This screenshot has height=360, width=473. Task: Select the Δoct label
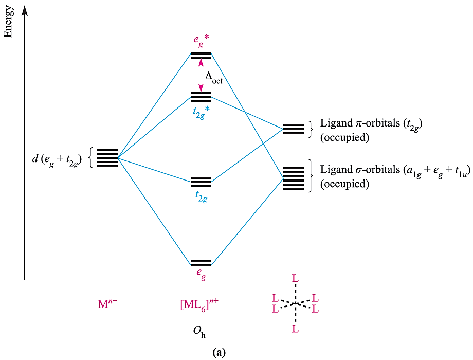coord(214,78)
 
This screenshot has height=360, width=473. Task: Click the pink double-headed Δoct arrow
coord(201,75)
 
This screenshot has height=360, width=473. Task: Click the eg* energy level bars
coord(201,56)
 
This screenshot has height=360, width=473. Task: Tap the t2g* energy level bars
coord(201,97)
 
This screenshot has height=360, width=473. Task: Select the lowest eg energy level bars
coord(201,263)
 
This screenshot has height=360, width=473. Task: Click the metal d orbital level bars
coord(107,158)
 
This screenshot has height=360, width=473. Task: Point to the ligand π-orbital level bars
coord(293,129)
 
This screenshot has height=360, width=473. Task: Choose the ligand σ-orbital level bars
coord(293,177)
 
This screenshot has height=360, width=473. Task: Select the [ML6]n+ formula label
coord(199,303)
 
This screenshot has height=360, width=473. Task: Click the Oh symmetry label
coord(200,331)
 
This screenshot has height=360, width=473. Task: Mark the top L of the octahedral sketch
coord(295,278)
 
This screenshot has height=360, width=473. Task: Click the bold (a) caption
coord(218,352)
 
